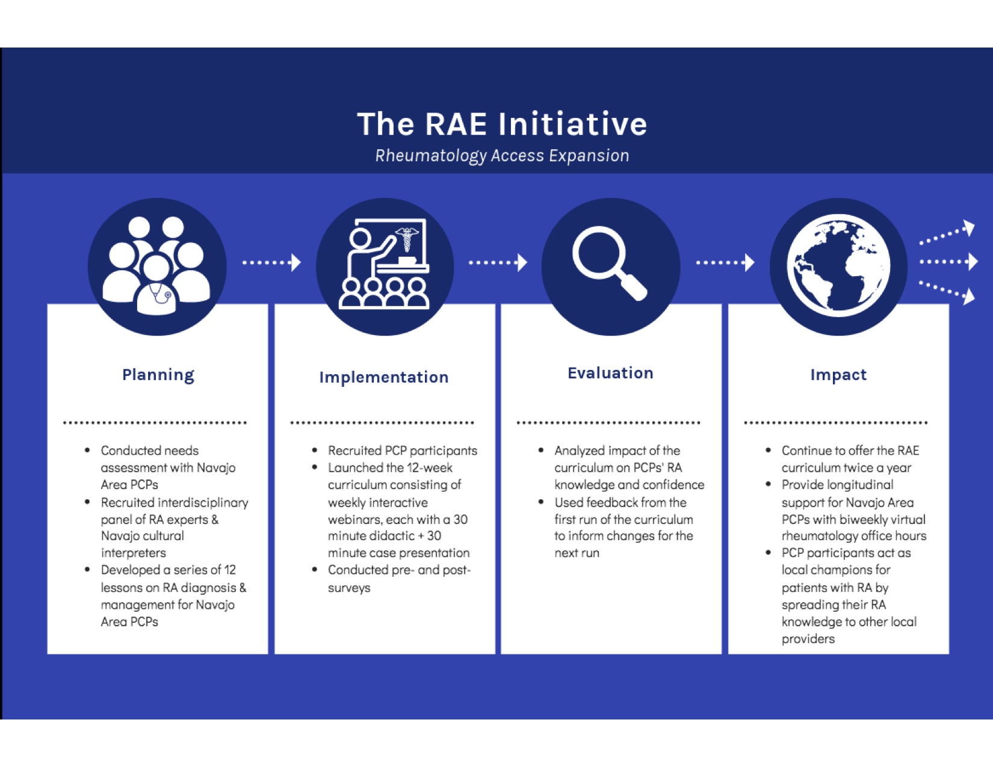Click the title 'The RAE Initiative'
coord(502,124)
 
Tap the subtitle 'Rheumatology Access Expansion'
coord(502,156)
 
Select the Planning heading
coord(158,375)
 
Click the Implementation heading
coord(384,377)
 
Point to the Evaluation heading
coord(610,373)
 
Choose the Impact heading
coord(838,375)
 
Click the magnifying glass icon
coord(610,264)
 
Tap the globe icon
coord(838,266)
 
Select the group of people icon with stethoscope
coord(156,266)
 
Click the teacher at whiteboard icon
coord(384,264)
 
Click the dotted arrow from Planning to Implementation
coord(271,263)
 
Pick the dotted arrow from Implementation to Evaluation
coord(498,263)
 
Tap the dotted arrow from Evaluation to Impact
coord(725,263)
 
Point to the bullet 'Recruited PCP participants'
coord(403,451)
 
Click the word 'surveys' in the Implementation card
coord(349,588)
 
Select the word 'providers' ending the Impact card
coord(808,639)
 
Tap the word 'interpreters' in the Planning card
coord(134,553)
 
